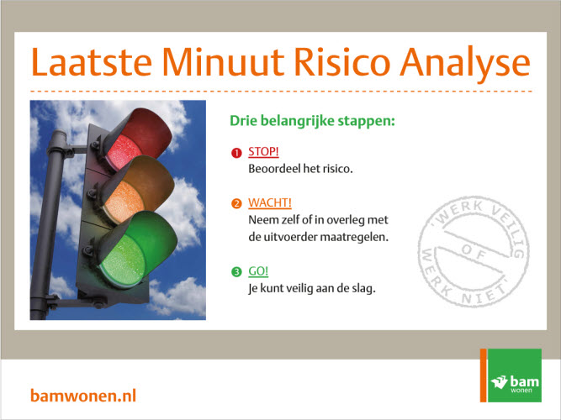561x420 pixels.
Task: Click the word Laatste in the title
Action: click(x=92, y=62)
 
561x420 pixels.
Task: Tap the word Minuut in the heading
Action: click(x=223, y=62)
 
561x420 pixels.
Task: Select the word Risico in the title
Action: click(x=341, y=62)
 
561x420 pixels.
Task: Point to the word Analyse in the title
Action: click(x=465, y=65)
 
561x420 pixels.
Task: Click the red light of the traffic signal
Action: click(x=124, y=152)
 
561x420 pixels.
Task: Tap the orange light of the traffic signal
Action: click(x=124, y=202)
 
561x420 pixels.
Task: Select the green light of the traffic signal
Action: click(x=123, y=260)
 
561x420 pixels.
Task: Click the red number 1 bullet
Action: click(x=236, y=153)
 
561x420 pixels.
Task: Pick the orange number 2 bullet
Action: click(x=236, y=204)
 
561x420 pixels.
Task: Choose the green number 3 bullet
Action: click(x=236, y=272)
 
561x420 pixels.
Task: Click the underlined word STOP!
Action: click(x=263, y=152)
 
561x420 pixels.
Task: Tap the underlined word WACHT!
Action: click(x=270, y=202)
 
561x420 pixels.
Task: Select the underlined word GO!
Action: click(x=258, y=271)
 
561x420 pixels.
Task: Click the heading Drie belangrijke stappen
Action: click(x=312, y=121)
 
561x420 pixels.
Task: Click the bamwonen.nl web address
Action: click(x=83, y=396)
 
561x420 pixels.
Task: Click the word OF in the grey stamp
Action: click(x=473, y=250)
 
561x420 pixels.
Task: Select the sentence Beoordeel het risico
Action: click(x=300, y=168)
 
